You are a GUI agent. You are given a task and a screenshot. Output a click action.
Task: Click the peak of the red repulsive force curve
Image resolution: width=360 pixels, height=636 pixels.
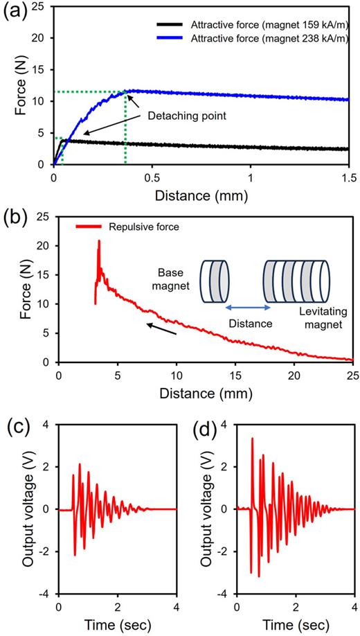(99, 241)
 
